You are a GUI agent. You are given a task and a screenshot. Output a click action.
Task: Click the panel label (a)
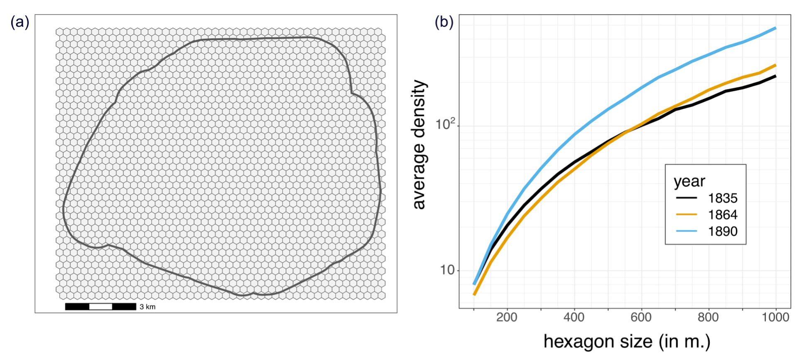pyautogui.click(x=20, y=22)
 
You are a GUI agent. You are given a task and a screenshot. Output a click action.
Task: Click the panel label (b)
pyautogui.click(x=444, y=22)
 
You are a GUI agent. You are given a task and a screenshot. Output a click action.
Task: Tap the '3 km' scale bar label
pyautogui.click(x=148, y=307)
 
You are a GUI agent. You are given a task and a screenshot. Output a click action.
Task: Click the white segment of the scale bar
pyautogui.click(x=101, y=307)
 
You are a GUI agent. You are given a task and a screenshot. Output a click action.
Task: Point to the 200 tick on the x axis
pyautogui.click(x=507, y=318)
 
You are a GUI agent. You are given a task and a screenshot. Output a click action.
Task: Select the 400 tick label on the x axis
pyautogui.click(x=574, y=318)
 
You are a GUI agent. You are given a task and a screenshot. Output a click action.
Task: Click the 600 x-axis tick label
pyautogui.click(x=641, y=318)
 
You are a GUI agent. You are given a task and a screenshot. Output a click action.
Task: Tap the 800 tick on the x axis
pyautogui.click(x=709, y=318)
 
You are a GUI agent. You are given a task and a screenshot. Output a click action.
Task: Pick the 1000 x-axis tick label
pyautogui.click(x=775, y=318)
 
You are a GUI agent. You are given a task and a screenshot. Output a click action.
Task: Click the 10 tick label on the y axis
pyautogui.click(x=447, y=270)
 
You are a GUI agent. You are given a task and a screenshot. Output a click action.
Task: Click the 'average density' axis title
pyautogui.click(x=419, y=145)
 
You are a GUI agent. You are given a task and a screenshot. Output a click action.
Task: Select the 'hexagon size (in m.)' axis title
pyautogui.click(x=627, y=342)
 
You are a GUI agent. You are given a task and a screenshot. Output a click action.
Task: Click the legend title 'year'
pyautogui.click(x=689, y=181)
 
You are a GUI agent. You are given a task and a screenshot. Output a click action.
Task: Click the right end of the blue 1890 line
pyautogui.click(x=775, y=28)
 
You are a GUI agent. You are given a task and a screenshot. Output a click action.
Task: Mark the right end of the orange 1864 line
pyautogui.click(x=775, y=65)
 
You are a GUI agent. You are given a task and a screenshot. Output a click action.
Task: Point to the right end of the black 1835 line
pyautogui.click(x=775, y=76)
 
